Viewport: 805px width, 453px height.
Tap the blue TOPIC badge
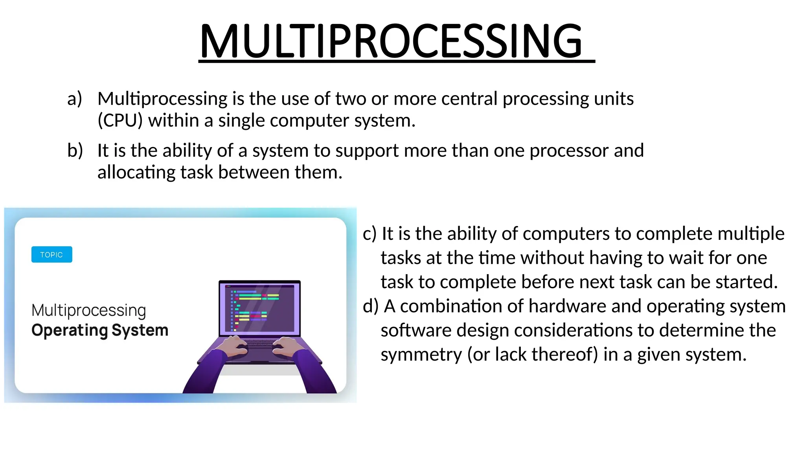click(51, 254)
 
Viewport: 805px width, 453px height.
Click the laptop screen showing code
click(259, 308)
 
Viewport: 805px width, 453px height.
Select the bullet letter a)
click(74, 99)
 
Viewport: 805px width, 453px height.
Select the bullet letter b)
click(75, 151)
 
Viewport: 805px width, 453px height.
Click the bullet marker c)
click(369, 234)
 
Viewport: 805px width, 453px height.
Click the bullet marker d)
click(370, 306)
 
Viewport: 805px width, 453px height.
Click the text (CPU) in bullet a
click(120, 120)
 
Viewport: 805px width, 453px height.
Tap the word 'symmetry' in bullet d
click(421, 355)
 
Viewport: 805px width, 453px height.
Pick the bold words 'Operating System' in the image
click(100, 330)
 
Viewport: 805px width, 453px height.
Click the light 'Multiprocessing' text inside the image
click(89, 311)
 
